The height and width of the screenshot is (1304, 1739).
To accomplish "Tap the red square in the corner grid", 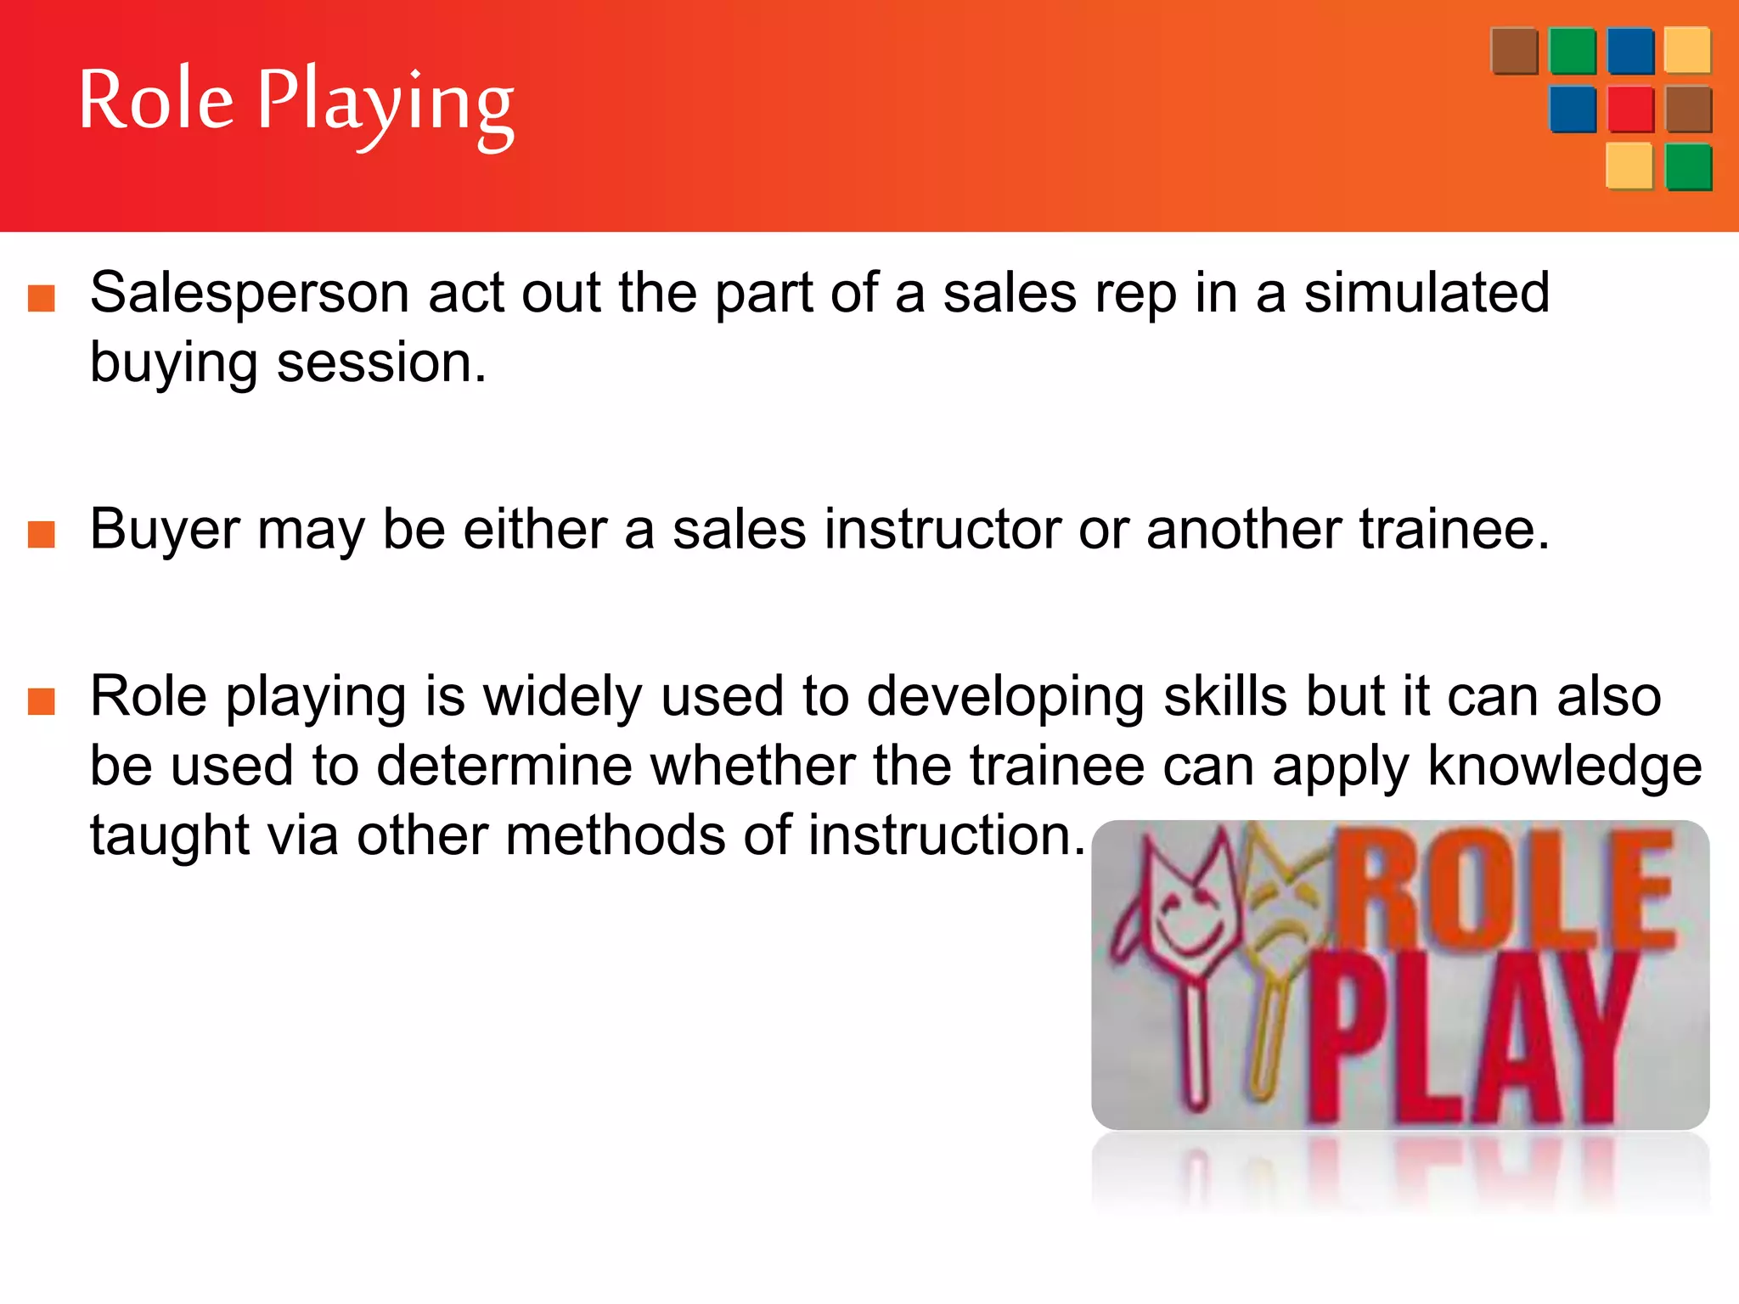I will coord(1630,110).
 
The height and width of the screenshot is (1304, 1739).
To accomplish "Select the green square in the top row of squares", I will coord(1572,51).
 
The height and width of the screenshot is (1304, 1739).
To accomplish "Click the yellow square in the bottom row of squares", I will coord(1629,166).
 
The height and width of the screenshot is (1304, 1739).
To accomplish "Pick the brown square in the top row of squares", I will coord(1514,51).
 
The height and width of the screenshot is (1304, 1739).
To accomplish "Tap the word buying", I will coord(173,363).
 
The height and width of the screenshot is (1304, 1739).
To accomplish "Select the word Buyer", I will coord(165,530).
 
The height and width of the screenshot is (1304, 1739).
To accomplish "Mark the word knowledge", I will coord(1564,767).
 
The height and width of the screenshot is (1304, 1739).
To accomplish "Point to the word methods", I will coord(616,836).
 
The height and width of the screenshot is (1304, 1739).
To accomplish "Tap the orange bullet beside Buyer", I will coord(42,535).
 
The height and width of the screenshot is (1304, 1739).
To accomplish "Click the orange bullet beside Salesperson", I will coord(42,299).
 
